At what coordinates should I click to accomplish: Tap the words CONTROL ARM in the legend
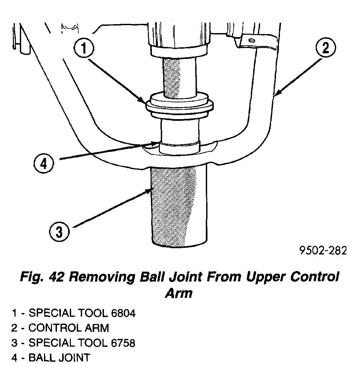tap(68, 328)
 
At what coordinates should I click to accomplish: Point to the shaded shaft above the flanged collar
tap(179, 76)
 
